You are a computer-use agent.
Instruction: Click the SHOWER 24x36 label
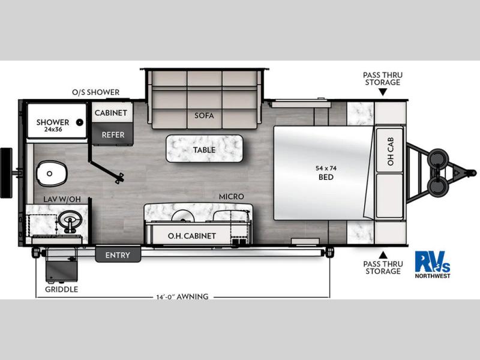click(x=53, y=125)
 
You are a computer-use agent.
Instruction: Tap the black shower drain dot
click(x=80, y=122)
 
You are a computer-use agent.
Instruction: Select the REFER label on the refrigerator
click(x=113, y=134)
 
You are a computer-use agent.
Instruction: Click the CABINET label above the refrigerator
click(x=110, y=113)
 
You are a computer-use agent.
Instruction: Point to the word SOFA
click(x=204, y=116)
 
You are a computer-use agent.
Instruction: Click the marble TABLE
click(x=205, y=149)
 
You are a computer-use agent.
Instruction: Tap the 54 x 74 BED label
click(x=326, y=173)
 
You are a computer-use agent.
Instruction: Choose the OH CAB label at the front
click(x=391, y=152)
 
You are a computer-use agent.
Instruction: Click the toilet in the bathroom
click(x=52, y=173)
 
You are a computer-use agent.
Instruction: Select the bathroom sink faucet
click(x=70, y=224)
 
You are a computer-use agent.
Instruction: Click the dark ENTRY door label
click(x=118, y=254)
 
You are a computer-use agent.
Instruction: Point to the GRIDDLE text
click(x=62, y=289)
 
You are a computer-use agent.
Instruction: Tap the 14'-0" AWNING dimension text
click(x=182, y=296)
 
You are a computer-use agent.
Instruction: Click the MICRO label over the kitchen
click(x=232, y=197)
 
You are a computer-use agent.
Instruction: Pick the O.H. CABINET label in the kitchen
click(x=192, y=236)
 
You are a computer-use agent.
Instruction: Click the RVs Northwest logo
click(x=433, y=265)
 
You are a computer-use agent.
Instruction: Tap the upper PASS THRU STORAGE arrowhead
click(x=383, y=92)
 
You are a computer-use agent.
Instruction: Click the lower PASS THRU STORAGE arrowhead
click(x=383, y=254)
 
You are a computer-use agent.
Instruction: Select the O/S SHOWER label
click(x=96, y=92)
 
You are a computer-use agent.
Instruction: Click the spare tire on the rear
click(x=6, y=173)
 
